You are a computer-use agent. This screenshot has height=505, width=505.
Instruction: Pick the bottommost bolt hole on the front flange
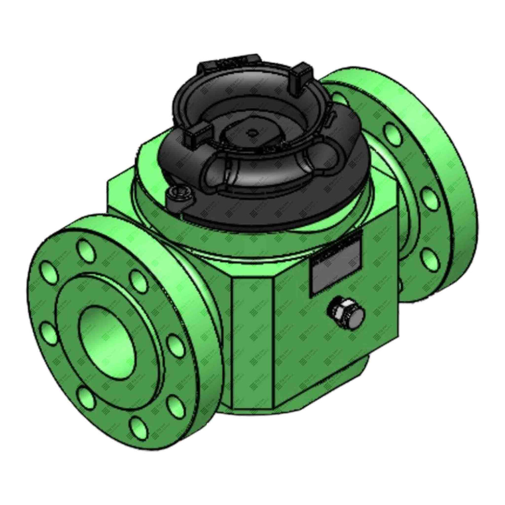click(x=139, y=425)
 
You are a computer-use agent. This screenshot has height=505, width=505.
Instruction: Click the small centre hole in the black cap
click(x=250, y=134)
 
